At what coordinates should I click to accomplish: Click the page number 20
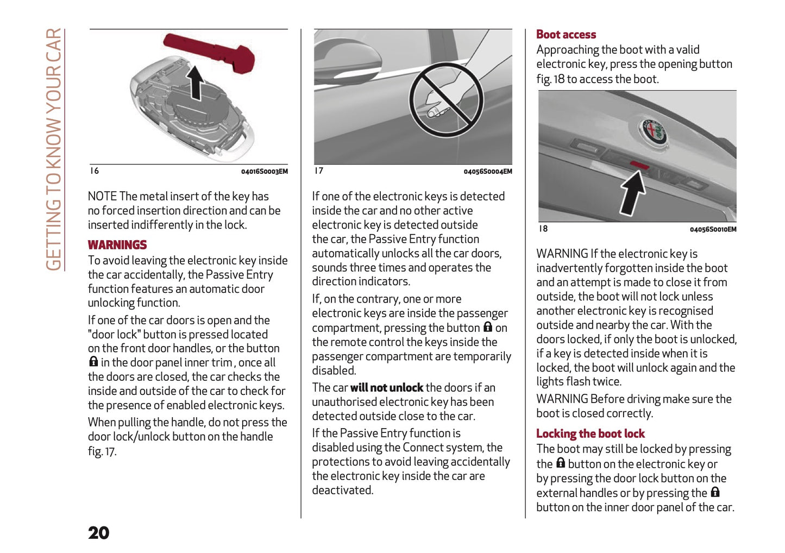[x=98, y=532]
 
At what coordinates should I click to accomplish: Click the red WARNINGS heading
[x=117, y=245]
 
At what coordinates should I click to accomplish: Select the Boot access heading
[x=566, y=34]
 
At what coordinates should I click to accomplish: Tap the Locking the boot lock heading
[x=590, y=433]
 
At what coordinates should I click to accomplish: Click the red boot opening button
[x=639, y=164]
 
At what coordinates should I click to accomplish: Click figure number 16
[x=95, y=171]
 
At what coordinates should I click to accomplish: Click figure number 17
[x=319, y=171]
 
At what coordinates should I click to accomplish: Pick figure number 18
[x=543, y=229]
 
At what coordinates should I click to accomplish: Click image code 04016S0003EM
[x=264, y=172]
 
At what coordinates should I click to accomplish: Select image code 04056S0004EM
[x=487, y=172]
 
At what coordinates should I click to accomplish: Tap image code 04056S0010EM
[x=713, y=229]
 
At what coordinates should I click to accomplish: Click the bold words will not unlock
[x=386, y=388]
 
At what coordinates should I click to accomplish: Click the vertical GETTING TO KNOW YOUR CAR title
[x=54, y=149]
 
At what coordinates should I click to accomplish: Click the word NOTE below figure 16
[x=102, y=197]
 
